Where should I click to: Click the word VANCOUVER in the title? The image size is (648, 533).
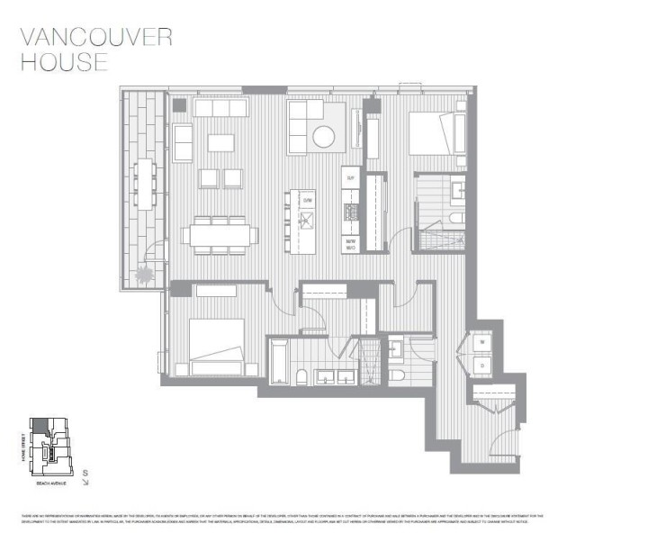(x=95, y=37)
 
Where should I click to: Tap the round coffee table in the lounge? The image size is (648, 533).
(x=323, y=136)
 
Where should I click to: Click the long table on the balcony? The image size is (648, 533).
(x=144, y=184)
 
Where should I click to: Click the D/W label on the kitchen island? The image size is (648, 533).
(x=307, y=199)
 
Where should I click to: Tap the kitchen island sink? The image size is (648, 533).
(x=306, y=220)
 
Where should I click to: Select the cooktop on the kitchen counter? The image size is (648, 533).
(x=351, y=212)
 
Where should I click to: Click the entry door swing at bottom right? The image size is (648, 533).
(x=507, y=440)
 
